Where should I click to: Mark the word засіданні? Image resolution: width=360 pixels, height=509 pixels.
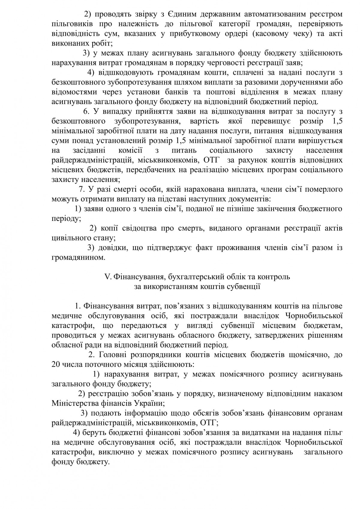[x=88, y=151]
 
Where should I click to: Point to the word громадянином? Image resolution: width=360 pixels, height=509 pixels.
[x=78, y=258]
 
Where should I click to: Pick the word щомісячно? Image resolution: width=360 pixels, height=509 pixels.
[x=305, y=355]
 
